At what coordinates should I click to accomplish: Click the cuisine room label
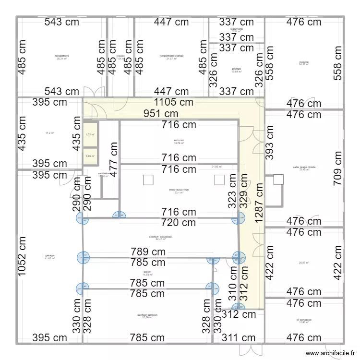tap(304, 62)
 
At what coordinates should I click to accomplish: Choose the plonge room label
tap(236, 69)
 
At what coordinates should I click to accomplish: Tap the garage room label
tap(49, 256)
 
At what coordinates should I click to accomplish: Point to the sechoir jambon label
tap(147, 316)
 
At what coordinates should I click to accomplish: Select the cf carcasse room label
tap(304, 320)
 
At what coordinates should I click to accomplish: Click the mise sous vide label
tap(179, 190)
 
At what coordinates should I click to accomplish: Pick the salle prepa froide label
tap(304, 168)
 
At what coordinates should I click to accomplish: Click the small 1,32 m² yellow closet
tap(90, 135)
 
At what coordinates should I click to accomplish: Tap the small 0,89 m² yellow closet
tap(90, 156)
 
